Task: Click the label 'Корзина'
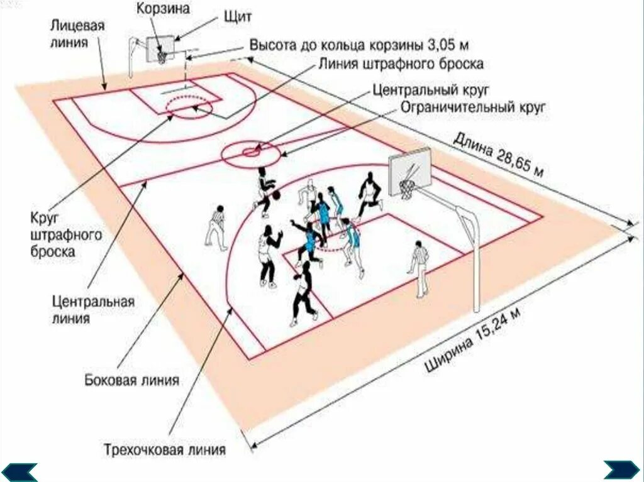point(164,9)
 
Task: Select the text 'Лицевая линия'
point(78,33)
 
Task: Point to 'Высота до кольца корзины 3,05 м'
point(360,46)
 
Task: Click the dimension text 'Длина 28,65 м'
point(497,153)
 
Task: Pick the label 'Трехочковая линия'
point(165,450)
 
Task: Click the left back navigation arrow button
point(19,471)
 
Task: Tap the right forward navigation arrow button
point(621,470)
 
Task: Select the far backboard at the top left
point(161,48)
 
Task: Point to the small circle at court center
point(250,151)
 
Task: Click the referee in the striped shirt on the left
point(216,226)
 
